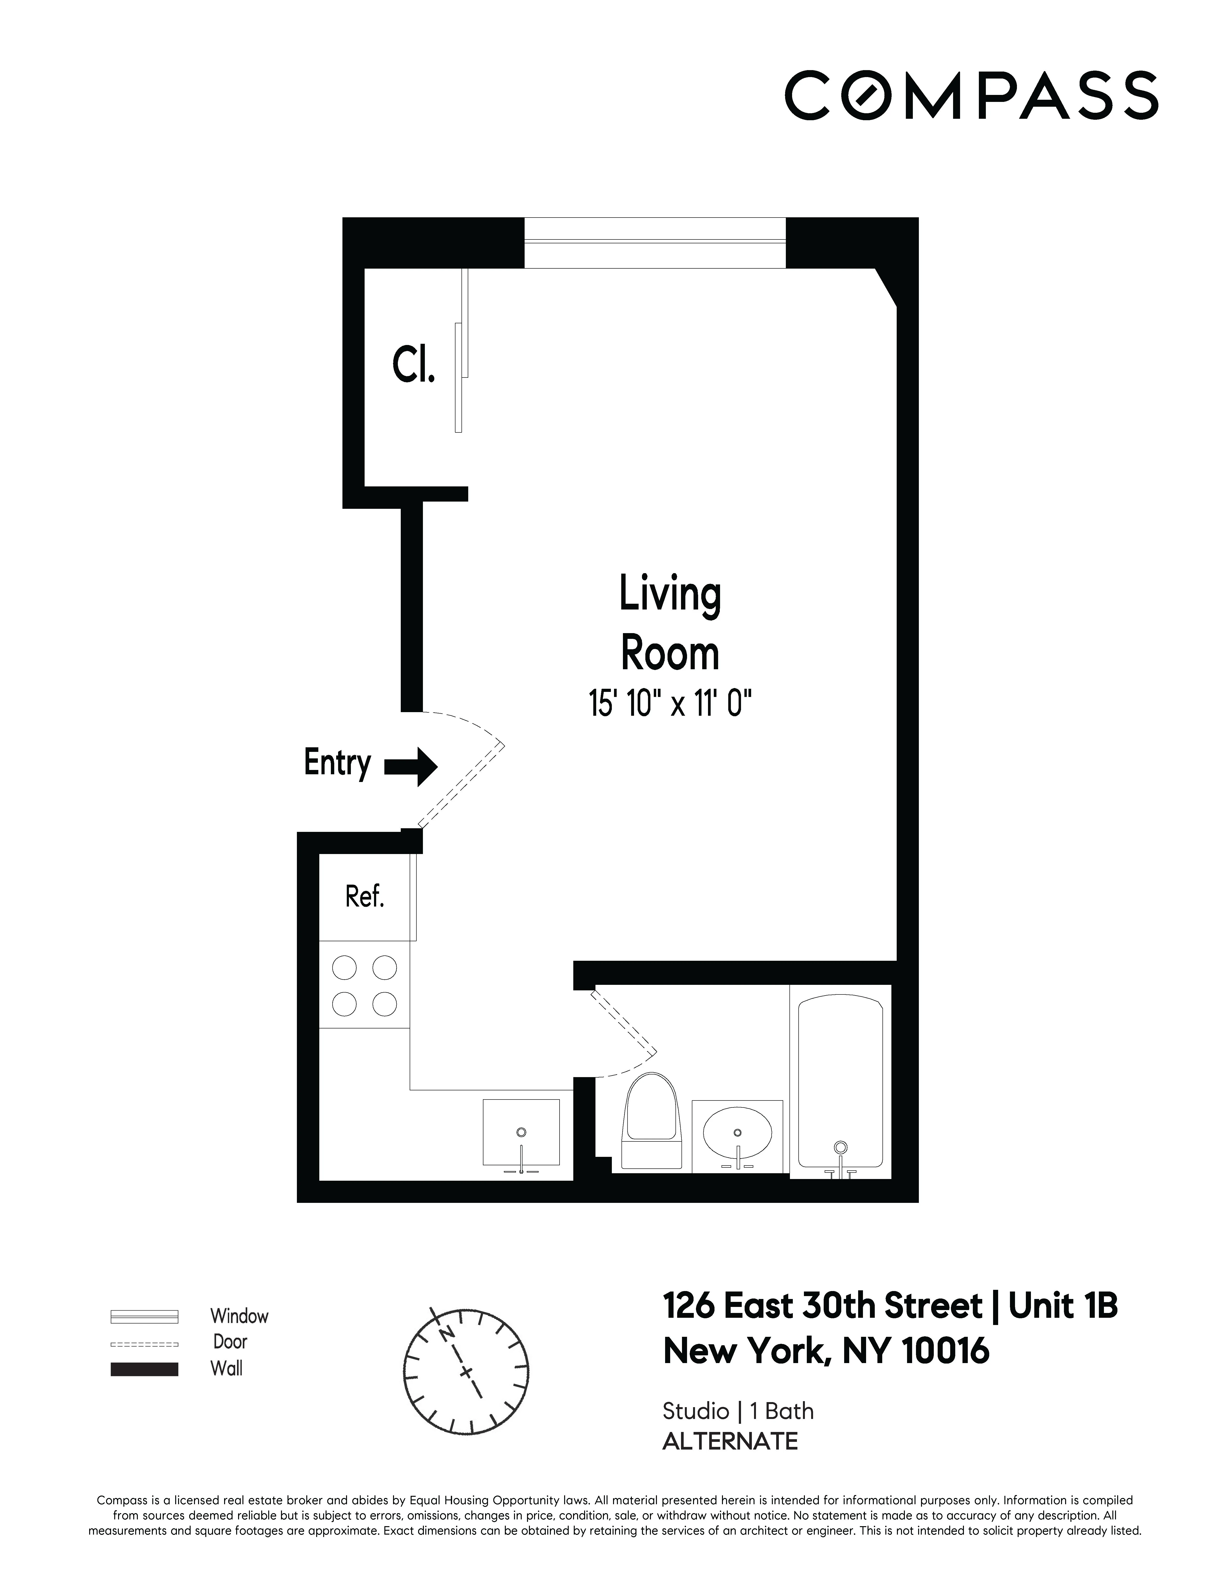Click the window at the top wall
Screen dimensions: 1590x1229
pyautogui.click(x=655, y=242)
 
